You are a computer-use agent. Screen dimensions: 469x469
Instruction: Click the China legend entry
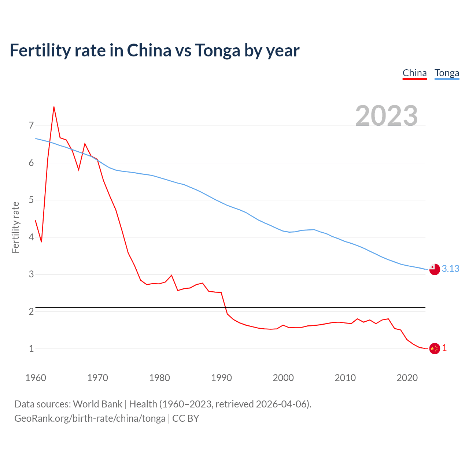(414, 73)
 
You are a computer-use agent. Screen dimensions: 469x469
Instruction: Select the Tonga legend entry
(447, 73)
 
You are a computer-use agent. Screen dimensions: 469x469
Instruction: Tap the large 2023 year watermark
(386, 115)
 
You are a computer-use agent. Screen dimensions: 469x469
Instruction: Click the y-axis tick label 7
(31, 126)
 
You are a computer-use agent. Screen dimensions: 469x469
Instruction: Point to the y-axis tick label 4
(31, 237)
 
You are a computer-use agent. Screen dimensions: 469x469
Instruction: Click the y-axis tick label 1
(31, 348)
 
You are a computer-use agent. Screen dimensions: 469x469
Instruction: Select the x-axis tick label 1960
(36, 378)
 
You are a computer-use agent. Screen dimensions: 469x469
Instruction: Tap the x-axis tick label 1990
(221, 378)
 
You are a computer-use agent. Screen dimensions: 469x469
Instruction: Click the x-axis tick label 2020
(407, 378)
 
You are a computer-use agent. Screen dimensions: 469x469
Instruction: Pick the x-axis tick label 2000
(283, 378)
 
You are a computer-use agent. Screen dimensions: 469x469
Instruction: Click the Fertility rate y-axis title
(15, 227)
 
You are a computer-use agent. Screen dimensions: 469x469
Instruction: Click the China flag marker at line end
(434, 348)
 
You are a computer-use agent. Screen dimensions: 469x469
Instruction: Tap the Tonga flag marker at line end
(434, 269)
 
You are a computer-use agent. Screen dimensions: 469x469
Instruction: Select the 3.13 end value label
(450, 269)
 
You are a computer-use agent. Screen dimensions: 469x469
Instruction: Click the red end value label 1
(444, 348)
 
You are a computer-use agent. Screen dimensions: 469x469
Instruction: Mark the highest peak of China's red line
(54, 107)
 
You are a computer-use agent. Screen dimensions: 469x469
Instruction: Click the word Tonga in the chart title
(217, 50)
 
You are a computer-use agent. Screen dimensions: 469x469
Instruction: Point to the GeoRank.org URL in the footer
(90, 418)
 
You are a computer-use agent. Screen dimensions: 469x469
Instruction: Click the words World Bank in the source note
(97, 404)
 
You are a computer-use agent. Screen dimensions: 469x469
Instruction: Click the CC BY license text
(186, 418)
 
